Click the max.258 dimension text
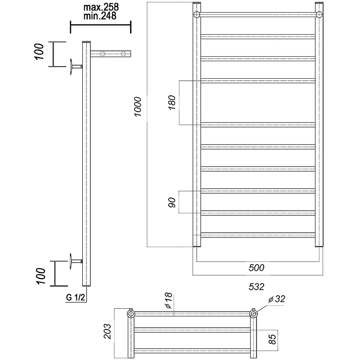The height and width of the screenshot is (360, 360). [101, 7]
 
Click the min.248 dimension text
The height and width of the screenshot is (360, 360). [100, 16]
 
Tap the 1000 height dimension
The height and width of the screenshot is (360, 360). [138, 107]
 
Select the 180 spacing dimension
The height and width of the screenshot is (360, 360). [172, 103]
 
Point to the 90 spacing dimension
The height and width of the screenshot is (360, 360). [172, 202]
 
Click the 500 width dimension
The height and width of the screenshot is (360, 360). [256, 268]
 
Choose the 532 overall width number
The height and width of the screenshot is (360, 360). [256, 287]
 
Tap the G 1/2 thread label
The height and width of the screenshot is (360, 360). [76, 297]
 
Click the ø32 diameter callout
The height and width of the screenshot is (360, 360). [277, 299]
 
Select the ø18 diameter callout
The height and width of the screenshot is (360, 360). [168, 300]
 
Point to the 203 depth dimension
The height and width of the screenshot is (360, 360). [107, 331]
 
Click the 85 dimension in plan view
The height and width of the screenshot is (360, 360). [272, 339]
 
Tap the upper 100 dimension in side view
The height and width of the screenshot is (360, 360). [39, 51]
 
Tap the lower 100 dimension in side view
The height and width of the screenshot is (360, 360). [40, 276]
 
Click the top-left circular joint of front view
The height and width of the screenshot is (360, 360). [197, 14]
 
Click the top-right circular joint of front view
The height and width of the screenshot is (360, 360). [319, 14]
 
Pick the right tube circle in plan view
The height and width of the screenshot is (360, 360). [253, 314]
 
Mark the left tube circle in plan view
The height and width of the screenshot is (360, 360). [131, 314]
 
